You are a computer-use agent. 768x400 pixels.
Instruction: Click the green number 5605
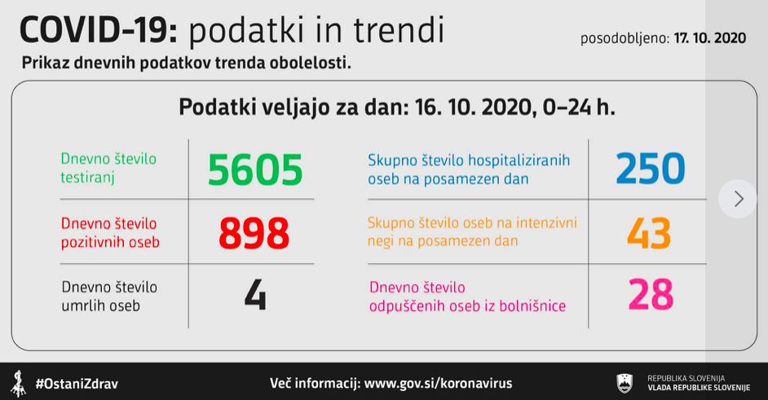pos(255,170)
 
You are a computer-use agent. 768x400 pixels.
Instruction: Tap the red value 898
pos(254,233)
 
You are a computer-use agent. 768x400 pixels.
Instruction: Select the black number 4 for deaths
pos(255,296)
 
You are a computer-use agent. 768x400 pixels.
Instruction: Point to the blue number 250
pos(650,169)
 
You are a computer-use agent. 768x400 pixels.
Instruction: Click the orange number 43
pos(648,233)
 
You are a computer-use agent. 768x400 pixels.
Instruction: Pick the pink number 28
pos(651,295)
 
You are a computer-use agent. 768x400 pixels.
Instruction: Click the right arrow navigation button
pos(738,199)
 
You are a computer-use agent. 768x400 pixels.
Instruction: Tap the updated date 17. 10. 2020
pos(710,38)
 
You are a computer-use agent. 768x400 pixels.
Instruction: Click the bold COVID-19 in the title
pos(99,30)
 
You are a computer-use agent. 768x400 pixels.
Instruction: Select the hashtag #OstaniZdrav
pos(77,384)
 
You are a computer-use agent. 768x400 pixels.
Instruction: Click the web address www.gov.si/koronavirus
pos(439,383)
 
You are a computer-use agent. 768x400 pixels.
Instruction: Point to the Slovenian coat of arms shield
pos(625,384)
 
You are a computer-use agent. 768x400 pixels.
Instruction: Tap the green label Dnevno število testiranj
pos(108,168)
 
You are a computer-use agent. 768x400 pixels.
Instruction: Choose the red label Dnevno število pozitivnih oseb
pos(110,232)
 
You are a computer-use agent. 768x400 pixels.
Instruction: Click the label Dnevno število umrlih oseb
pos(109,297)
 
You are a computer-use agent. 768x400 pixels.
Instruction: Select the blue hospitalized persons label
pos(469,169)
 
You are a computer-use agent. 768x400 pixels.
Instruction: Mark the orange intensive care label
pos(472,231)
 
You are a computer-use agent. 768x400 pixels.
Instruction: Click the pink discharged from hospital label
pos(467,297)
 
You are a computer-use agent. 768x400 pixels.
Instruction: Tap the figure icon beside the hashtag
pos(19,384)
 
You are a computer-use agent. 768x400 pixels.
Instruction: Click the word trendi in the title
pos(399,30)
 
